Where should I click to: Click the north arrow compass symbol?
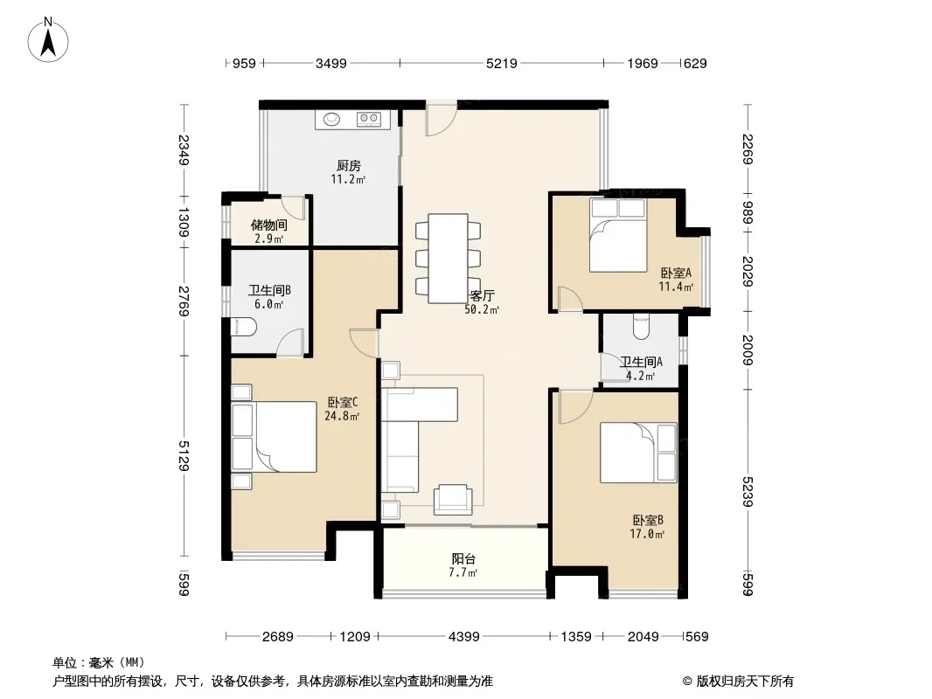(x=48, y=39)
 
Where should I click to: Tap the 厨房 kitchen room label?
(x=348, y=166)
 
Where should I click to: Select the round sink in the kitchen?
(x=331, y=120)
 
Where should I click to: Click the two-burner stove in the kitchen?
(x=369, y=120)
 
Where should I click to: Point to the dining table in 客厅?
(x=449, y=259)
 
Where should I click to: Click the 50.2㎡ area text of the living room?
(x=482, y=309)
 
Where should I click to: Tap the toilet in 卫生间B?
(x=243, y=327)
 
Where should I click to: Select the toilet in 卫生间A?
(x=641, y=325)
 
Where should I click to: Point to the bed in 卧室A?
(x=617, y=235)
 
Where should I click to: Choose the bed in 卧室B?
(x=638, y=453)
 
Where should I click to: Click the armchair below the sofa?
(x=453, y=499)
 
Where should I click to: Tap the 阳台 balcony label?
(x=463, y=559)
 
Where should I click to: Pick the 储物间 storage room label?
(x=268, y=225)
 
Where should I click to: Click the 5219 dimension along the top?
(x=502, y=63)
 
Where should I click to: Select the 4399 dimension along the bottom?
(x=463, y=637)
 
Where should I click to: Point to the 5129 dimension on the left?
(x=184, y=455)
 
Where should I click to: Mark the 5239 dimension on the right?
(x=748, y=492)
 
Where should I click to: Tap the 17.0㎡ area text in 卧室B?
(x=647, y=534)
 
